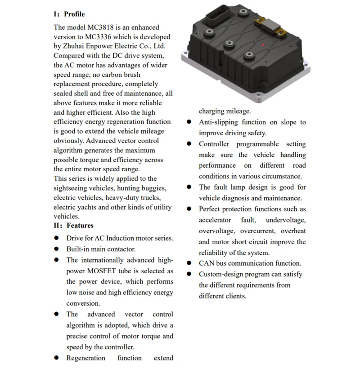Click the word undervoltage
point(286,220)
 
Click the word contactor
point(121,249)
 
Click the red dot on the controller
point(263,45)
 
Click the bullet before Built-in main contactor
point(57,249)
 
